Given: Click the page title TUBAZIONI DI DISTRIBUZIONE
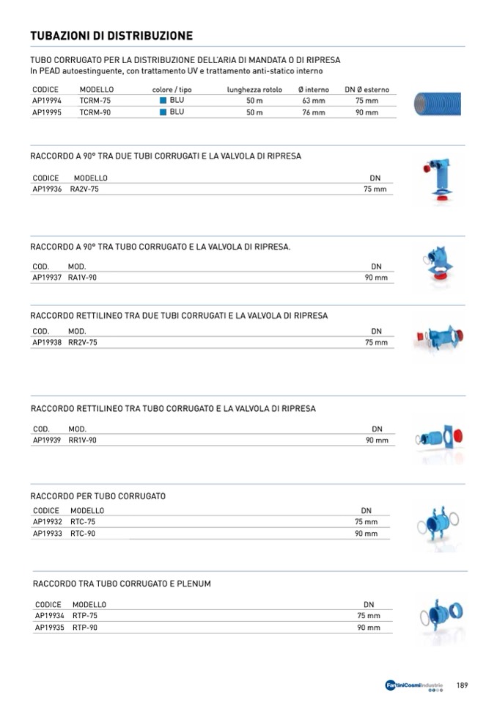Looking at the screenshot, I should click(x=111, y=35).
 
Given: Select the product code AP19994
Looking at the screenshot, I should click(x=48, y=101).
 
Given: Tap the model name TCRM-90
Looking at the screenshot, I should click(x=95, y=112).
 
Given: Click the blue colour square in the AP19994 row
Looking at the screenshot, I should click(x=163, y=101).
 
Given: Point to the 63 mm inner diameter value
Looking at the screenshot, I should click(x=313, y=101).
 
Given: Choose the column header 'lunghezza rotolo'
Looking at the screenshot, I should click(x=254, y=90).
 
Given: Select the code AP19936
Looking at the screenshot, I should click(x=48, y=189).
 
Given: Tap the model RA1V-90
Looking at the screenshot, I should click(x=83, y=278).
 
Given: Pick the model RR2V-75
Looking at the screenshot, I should click(x=83, y=343).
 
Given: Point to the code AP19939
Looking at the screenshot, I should click(x=48, y=440).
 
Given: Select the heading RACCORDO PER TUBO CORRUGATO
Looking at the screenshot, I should click(x=98, y=496).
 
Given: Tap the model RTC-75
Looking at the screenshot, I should click(x=83, y=522).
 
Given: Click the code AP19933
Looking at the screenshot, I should click(x=48, y=534).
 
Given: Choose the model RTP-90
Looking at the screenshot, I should click(x=85, y=628).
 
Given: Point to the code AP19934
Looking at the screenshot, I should click(x=50, y=617).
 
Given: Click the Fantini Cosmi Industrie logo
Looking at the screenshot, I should click(x=414, y=686).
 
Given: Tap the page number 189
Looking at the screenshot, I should click(x=462, y=685).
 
